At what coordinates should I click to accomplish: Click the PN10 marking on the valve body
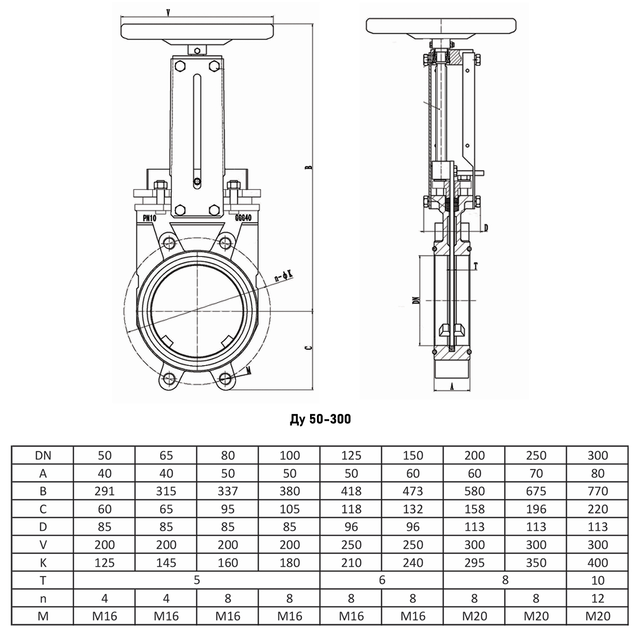click(149, 218)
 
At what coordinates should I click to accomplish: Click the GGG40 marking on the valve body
click(243, 218)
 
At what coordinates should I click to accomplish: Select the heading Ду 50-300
click(320, 419)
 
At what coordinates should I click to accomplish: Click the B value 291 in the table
click(104, 491)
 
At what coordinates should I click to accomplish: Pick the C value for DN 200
click(474, 509)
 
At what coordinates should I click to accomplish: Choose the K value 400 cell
click(598, 562)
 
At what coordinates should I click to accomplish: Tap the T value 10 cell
click(598, 580)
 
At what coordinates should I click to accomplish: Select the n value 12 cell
click(598, 598)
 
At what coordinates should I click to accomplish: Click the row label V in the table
click(43, 545)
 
